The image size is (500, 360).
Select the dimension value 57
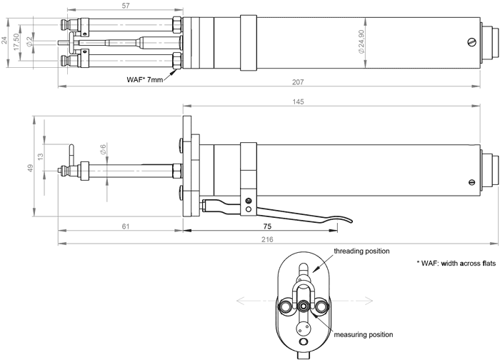point(126,6)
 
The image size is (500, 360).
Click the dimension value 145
point(299,102)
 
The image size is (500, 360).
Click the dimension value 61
point(126,225)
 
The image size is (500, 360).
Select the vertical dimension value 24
point(6,41)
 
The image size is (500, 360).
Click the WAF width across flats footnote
point(456,264)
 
